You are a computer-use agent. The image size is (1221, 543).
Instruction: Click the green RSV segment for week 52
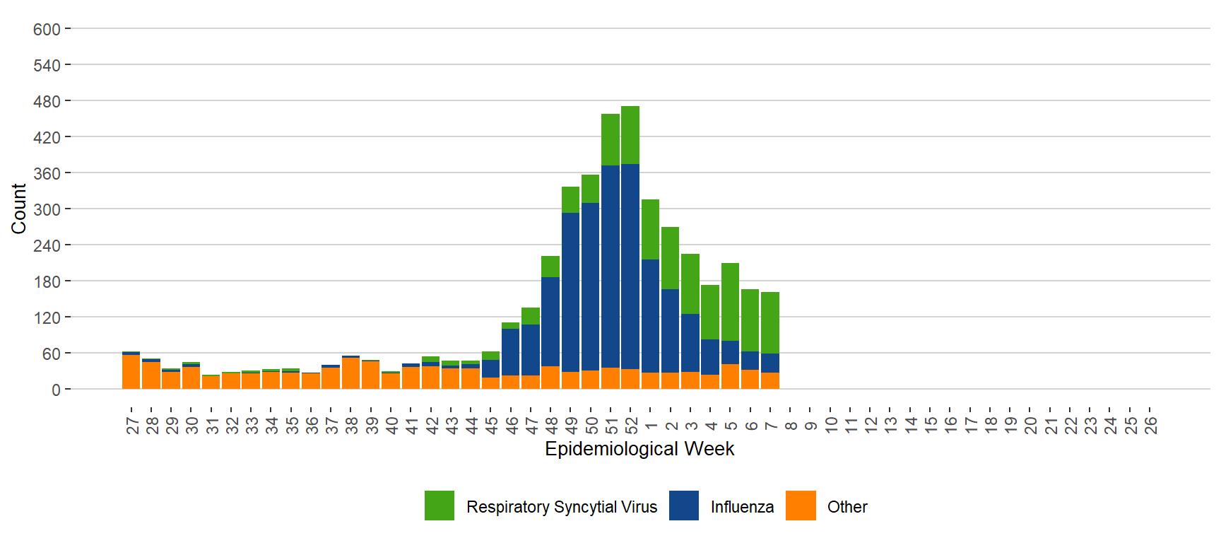tap(630, 135)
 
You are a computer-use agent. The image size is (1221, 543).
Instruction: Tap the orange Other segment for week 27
tap(131, 372)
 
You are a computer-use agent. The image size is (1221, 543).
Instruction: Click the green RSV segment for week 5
tap(730, 302)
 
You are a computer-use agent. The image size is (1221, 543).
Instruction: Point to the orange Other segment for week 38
tap(350, 373)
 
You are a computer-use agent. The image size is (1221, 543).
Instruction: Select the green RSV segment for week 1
tap(650, 230)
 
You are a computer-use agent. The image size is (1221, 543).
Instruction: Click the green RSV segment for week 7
tap(770, 322)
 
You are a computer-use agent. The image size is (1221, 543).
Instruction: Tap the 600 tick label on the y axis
tap(47, 30)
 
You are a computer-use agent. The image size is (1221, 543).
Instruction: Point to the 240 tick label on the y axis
tap(47, 245)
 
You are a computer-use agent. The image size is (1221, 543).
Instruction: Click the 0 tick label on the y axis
tap(56, 390)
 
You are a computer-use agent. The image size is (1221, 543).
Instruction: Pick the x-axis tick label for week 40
tap(391, 425)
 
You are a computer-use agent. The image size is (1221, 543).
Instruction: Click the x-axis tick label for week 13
tap(890, 425)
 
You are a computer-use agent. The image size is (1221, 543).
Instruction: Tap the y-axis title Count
tap(18, 209)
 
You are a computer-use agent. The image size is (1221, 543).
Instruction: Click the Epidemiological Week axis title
tap(639, 449)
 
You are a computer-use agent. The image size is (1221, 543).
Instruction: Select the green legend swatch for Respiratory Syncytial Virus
tap(440, 506)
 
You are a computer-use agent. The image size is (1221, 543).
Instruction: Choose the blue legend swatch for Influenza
tap(684, 506)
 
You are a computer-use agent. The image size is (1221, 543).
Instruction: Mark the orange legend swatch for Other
tap(801, 506)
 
